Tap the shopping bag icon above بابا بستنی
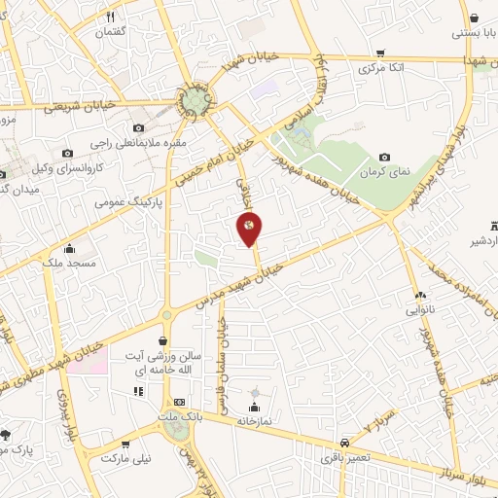click(473, 18)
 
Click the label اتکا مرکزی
click(380, 69)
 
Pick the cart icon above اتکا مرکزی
click(380, 53)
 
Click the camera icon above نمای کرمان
click(384, 157)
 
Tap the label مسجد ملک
click(69, 264)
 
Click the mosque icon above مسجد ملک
click(69, 247)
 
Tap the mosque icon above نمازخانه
click(255, 407)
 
